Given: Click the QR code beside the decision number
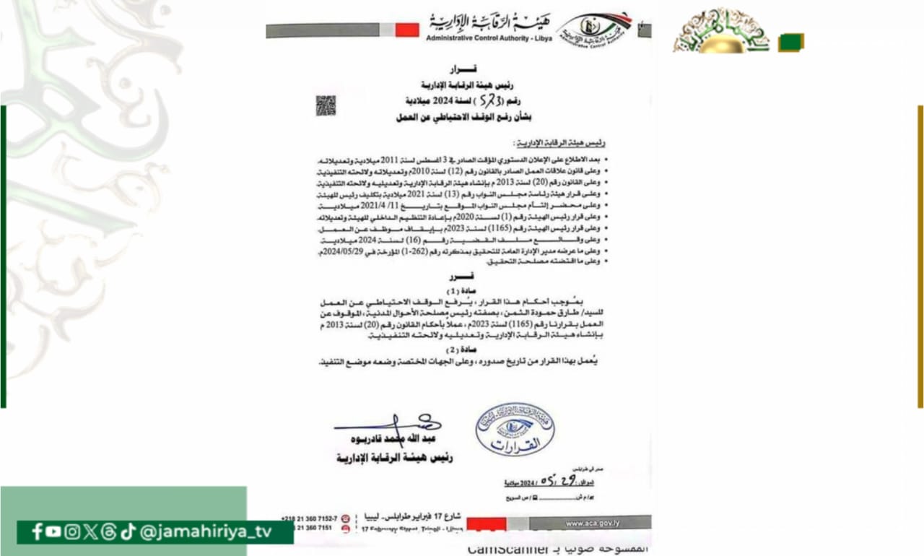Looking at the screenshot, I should [x=326, y=105].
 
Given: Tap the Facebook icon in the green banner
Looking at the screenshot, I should [x=37, y=532].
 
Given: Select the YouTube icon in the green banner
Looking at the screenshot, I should [x=53, y=532].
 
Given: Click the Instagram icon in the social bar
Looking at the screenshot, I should [x=72, y=532].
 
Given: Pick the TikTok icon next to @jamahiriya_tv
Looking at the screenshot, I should [x=128, y=532].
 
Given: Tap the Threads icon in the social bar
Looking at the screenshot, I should [x=109, y=532].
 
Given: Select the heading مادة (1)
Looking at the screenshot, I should [x=459, y=290].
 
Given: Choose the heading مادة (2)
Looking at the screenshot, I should [x=459, y=349].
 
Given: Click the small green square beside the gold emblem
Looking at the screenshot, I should [x=791, y=43].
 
